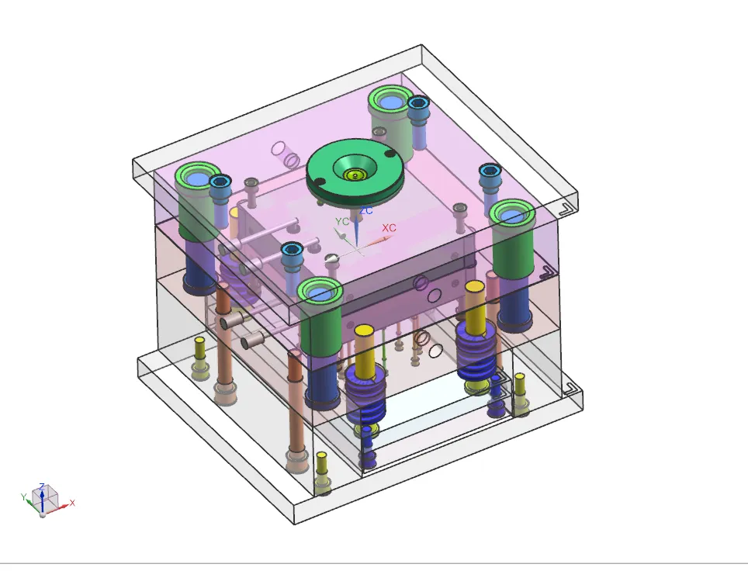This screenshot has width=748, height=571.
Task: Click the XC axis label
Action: pos(389,227)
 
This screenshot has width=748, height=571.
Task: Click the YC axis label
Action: pos(342,221)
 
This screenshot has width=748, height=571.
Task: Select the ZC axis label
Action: pos(366,210)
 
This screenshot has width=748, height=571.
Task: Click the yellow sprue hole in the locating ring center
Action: pos(355,175)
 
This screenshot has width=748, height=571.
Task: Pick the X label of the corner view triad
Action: pos(72,503)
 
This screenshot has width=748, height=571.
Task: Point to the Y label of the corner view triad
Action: pos(23,497)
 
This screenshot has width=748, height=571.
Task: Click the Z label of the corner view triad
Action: pos(42,486)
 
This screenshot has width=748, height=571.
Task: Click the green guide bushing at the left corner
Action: pos(197,201)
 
